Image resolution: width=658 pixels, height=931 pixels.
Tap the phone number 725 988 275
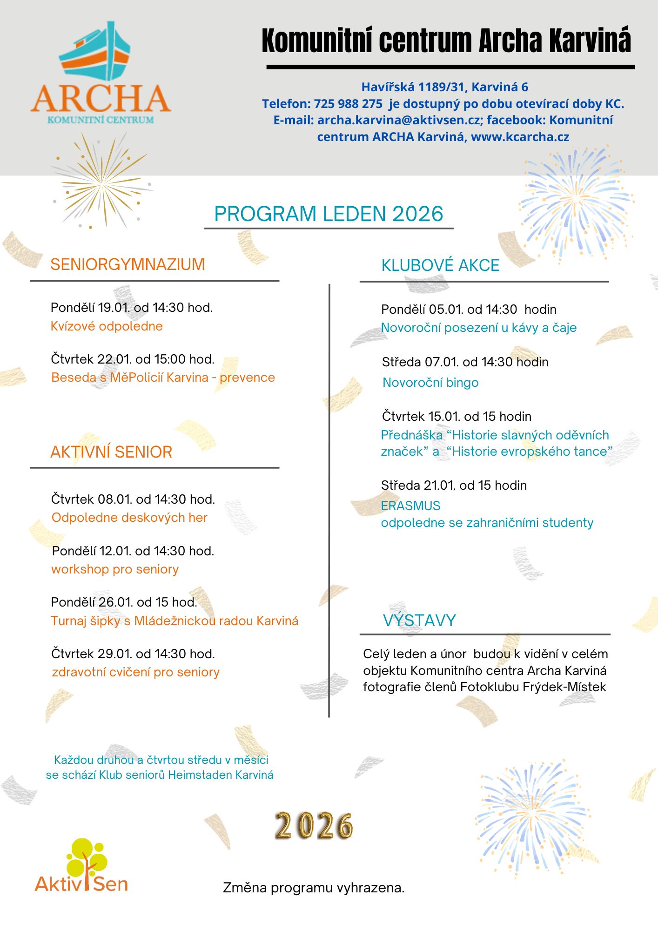pos(348,104)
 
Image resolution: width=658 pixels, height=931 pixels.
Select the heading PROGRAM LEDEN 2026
pos(329,214)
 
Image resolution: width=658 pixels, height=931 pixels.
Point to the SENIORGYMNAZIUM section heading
pos(128,264)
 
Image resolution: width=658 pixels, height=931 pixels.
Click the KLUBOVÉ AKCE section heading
pos(440,265)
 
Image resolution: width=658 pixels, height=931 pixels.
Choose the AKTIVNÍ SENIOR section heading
pos(111,452)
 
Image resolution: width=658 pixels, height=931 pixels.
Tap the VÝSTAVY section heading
pos(419,621)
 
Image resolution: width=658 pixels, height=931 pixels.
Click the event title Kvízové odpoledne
pos(107,326)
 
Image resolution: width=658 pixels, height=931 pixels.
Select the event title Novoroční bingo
pos(430,383)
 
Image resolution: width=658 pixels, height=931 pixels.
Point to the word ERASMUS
pos(410,506)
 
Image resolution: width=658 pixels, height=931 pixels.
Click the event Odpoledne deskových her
pos(129,518)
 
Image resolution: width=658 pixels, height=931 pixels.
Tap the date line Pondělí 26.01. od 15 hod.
pos(124,602)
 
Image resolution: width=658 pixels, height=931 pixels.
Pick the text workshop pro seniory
pos(115,569)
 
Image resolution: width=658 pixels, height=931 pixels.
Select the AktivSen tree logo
pos(82,866)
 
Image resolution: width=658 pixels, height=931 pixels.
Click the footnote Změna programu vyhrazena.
pos(314,888)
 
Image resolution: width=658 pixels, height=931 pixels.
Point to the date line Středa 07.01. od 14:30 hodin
pos(465,362)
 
